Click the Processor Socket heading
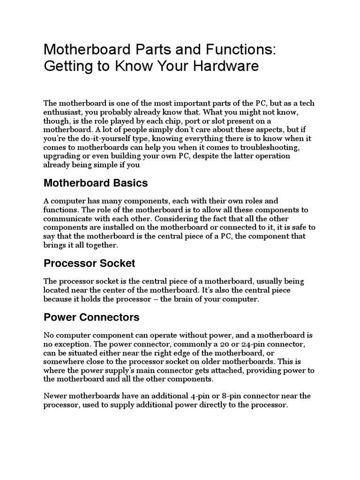[89, 263]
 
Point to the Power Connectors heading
[91, 317]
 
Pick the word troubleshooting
[240, 147]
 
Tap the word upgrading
[63, 156]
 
